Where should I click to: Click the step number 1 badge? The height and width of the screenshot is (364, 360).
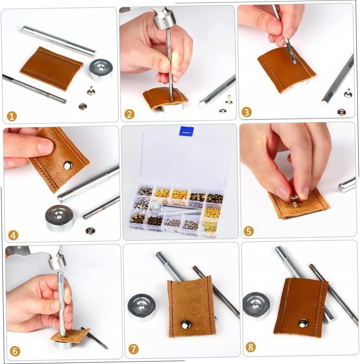coord(12,116)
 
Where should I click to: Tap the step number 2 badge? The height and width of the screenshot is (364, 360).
coord(129,114)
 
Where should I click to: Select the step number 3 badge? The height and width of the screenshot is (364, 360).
coord(247,112)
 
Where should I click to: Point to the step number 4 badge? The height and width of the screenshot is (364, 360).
coord(13,235)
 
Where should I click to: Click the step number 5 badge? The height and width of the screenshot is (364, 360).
coord(249,231)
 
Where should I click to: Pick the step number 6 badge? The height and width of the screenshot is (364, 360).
coord(15,351)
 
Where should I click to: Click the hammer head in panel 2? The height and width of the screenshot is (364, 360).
coord(163,18)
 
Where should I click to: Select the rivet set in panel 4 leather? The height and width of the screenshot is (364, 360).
coord(68,165)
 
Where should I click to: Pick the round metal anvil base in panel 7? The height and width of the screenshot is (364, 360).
coord(142,308)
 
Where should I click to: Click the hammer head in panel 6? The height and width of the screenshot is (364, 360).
coord(57,258)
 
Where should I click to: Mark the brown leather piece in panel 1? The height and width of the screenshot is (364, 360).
coord(52,69)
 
